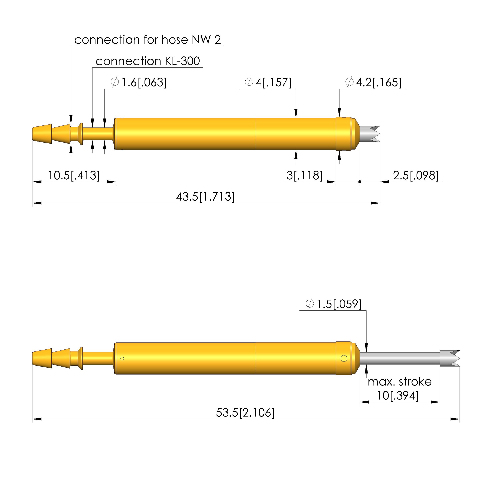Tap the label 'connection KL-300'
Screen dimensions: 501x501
point(148,61)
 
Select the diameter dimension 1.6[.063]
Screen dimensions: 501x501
point(139,82)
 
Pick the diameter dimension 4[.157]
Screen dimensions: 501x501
point(268,82)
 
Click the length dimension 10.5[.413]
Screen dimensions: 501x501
point(74,176)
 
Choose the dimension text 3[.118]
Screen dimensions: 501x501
point(304,176)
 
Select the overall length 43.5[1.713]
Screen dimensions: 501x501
point(205,197)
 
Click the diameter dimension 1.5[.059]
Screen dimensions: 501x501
point(333,304)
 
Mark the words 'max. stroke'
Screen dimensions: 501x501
point(399,382)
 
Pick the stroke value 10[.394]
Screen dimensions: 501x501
point(398,396)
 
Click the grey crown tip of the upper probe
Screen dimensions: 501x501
point(370,134)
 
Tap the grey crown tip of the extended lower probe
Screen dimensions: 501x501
point(450,358)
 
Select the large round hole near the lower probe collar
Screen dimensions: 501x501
point(344,358)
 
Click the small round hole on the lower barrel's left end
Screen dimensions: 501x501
point(122,358)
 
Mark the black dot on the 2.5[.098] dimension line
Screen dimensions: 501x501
point(360,182)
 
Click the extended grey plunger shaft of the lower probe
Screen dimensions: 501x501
point(399,358)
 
